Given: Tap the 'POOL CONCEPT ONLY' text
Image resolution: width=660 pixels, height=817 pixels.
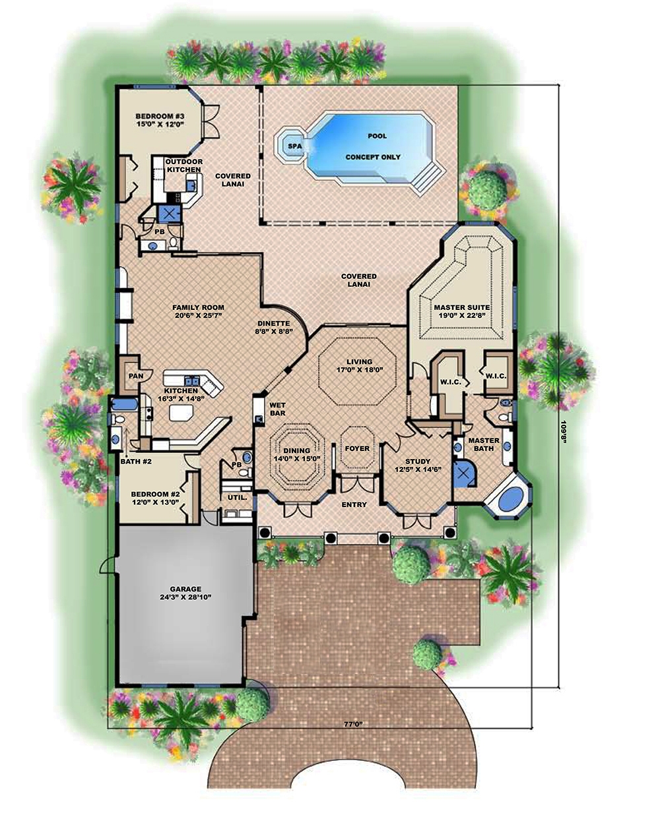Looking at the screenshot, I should (373, 146).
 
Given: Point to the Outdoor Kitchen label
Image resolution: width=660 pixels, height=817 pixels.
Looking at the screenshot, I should (183, 166).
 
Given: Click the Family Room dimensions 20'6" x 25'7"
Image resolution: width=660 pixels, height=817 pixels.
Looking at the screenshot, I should (198, 316).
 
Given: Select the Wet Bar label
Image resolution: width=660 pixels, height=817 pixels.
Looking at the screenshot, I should (275, 409).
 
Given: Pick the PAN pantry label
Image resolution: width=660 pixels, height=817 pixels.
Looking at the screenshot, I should (136, 376).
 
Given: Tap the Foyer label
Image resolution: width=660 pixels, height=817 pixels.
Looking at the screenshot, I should (357, 448).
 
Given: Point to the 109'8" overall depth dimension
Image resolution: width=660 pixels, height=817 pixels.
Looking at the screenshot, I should (564, 422).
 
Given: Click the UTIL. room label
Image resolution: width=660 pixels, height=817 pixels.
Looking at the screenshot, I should (237, 498).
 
